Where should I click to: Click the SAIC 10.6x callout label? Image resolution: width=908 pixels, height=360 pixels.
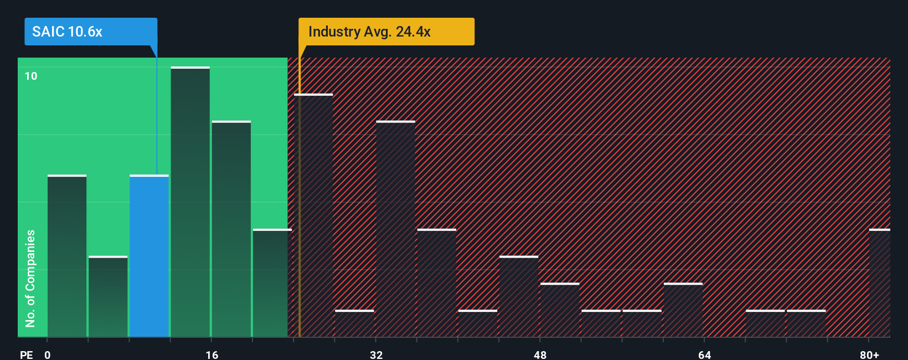91,32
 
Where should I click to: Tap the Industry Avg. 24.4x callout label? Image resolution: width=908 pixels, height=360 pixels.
386,32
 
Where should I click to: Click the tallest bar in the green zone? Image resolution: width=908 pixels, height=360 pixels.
190,202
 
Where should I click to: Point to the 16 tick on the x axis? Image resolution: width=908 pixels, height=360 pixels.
211,354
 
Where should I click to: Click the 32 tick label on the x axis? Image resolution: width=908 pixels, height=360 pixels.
376,354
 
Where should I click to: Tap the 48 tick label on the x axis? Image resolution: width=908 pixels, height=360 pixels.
540,354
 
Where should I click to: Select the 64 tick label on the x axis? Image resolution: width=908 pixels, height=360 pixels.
704,354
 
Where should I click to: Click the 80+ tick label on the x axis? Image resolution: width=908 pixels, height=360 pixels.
869,354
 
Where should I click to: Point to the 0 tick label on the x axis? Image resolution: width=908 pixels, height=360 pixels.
48,354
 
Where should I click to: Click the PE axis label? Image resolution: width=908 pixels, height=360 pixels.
26,354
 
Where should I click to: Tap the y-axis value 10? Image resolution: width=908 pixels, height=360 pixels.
31,76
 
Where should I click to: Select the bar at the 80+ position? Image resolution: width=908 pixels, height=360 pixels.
879,283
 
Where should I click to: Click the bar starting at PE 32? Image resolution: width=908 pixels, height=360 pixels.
395,229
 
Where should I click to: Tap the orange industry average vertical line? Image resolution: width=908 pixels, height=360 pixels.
300,222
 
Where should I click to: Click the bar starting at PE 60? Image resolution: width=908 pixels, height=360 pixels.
683,310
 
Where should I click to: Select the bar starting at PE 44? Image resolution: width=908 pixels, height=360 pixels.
519,296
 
